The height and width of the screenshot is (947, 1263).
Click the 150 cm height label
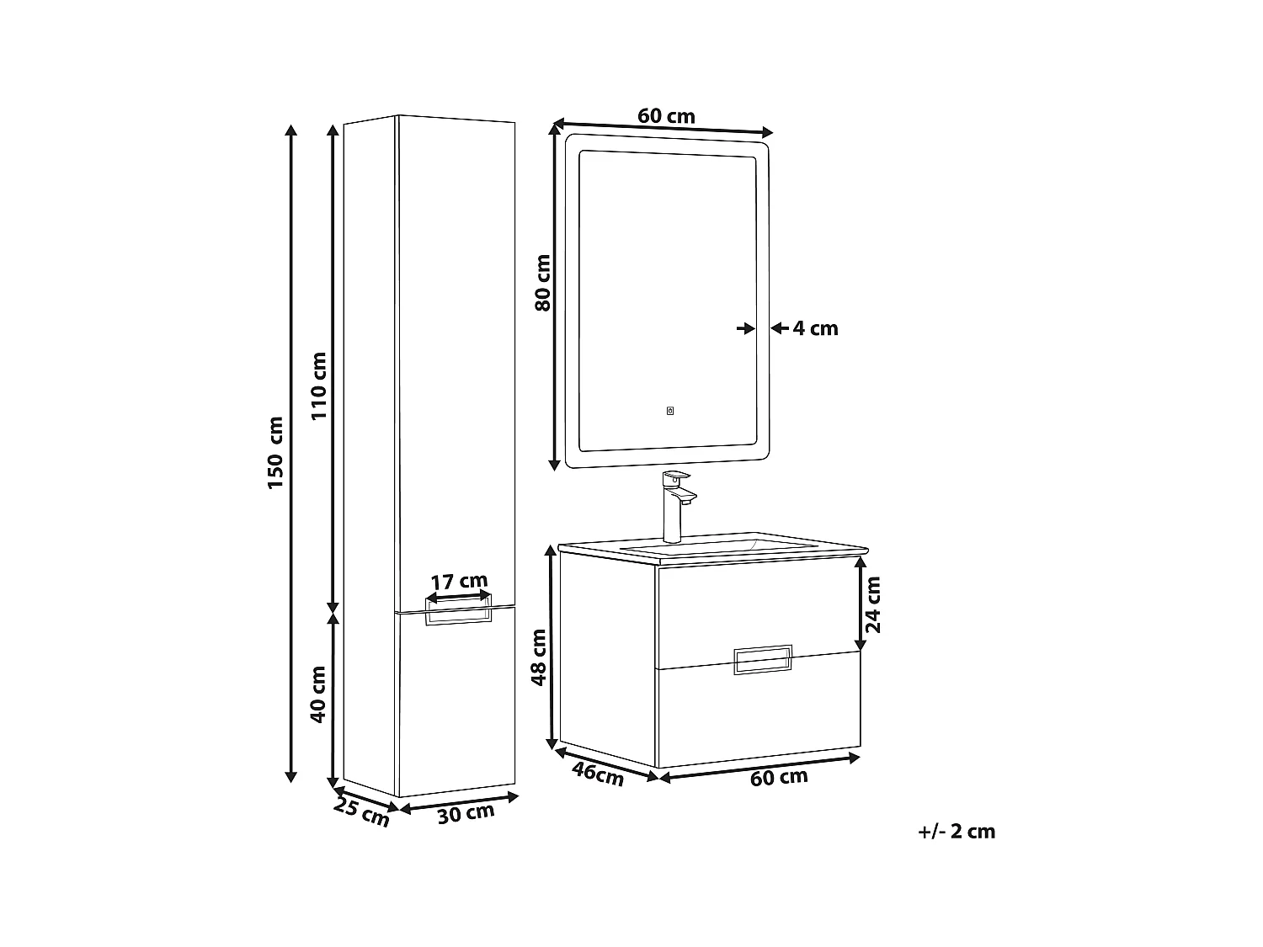tap(275, 452)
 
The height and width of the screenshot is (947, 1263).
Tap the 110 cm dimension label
tap(318, 386)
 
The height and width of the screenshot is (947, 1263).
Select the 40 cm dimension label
tap(318, 694)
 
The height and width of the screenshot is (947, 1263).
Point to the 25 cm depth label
tap(362, 811)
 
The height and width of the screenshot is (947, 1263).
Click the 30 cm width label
tap(466, 813)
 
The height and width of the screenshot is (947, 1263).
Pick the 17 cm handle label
tap(459, 581)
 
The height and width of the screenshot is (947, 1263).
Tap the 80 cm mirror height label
tap(543, 283)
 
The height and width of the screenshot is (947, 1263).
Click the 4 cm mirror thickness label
tap(816, 328)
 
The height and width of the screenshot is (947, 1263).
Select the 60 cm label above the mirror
tap(666, 116)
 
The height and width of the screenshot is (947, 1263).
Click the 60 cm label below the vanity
tap(779, 778)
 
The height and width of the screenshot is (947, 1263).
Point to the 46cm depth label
tap(598, 774)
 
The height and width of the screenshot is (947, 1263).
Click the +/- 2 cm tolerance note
tap(957, 832)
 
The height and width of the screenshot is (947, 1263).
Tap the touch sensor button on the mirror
tap(670, 412)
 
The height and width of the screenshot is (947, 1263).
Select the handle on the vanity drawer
tap(763, 660)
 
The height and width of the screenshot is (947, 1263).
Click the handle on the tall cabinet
tap(458, 615)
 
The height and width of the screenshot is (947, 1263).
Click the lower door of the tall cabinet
tap(455, 707)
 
